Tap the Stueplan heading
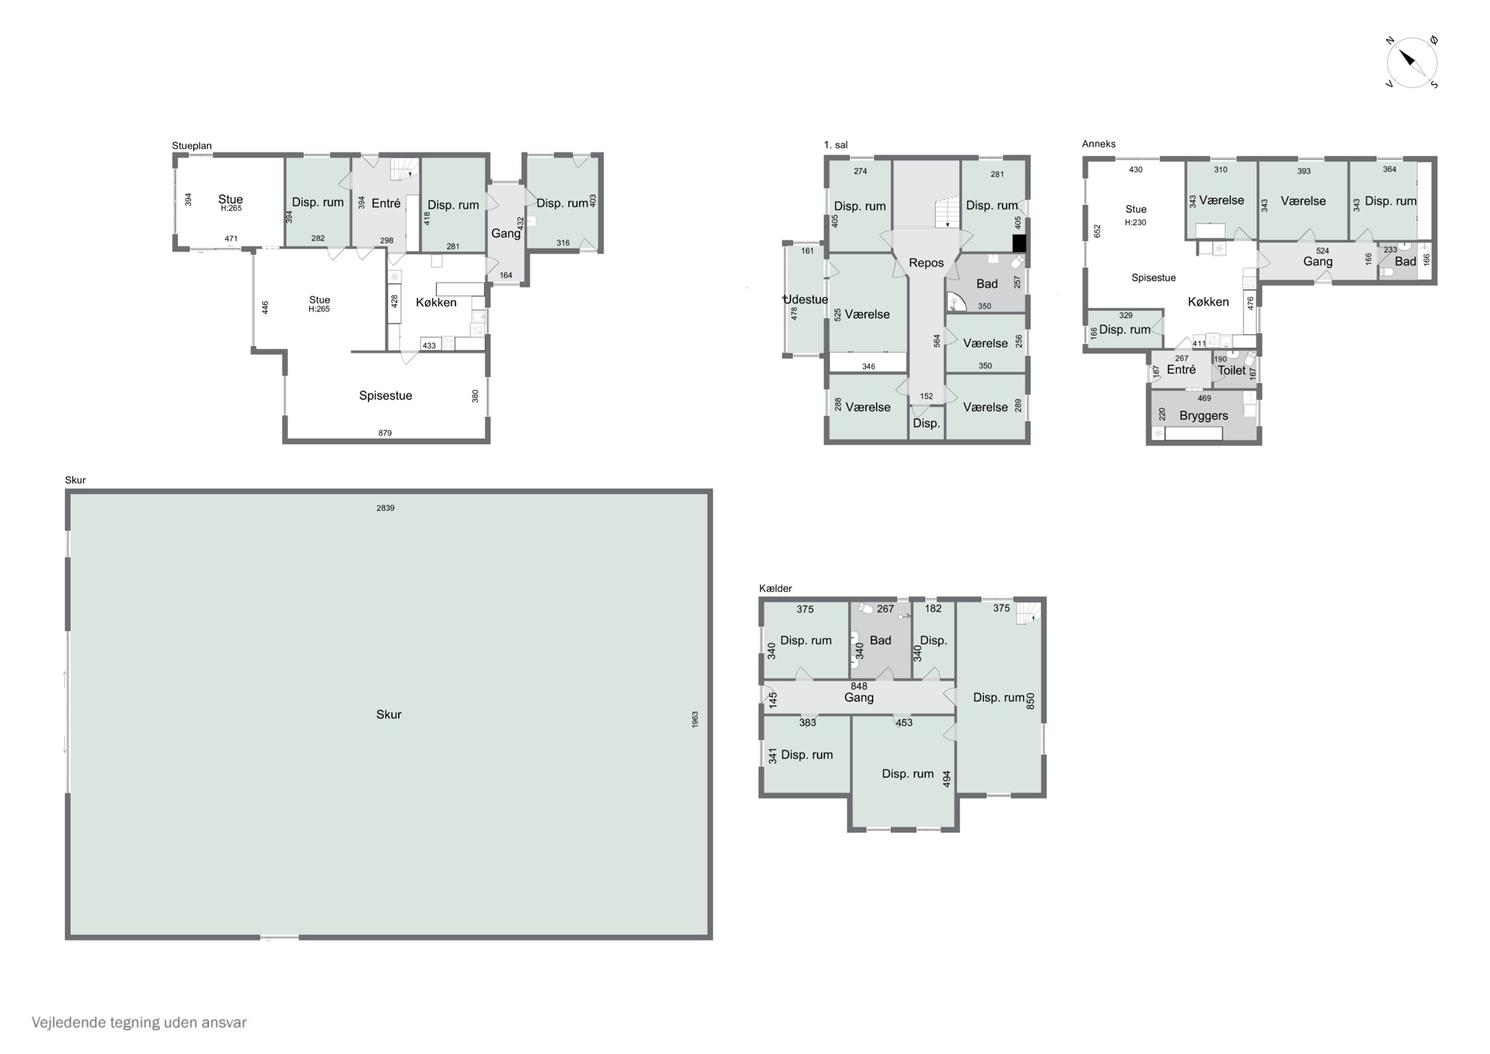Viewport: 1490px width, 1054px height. [x=191, y=146]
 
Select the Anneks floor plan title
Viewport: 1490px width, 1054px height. [x=1099, y=144]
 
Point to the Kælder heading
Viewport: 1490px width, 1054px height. [x=775, y=588]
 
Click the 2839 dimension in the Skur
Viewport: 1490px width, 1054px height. [x=385, y=508]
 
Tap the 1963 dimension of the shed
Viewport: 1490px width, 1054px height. [x=695, y=719]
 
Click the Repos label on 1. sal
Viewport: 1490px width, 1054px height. [x=926, y=263]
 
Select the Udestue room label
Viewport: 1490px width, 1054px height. [x=806, y=299]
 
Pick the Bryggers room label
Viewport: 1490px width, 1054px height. [x=1204, y=415]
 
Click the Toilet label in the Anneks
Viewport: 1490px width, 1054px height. [x=1232, y=370]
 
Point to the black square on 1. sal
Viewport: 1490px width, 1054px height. [x=1020, y=243]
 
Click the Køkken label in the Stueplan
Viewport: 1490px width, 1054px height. [x=436, y=303]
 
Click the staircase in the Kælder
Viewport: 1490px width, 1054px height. [x=1029, y=613]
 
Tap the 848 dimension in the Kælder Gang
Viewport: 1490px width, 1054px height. [x=859, y=686]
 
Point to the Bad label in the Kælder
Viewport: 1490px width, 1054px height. [x=881, y=641]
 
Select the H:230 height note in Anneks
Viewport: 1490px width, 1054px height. [x=1136, y=222]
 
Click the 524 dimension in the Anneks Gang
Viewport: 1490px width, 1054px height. [x=1323, y=250]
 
